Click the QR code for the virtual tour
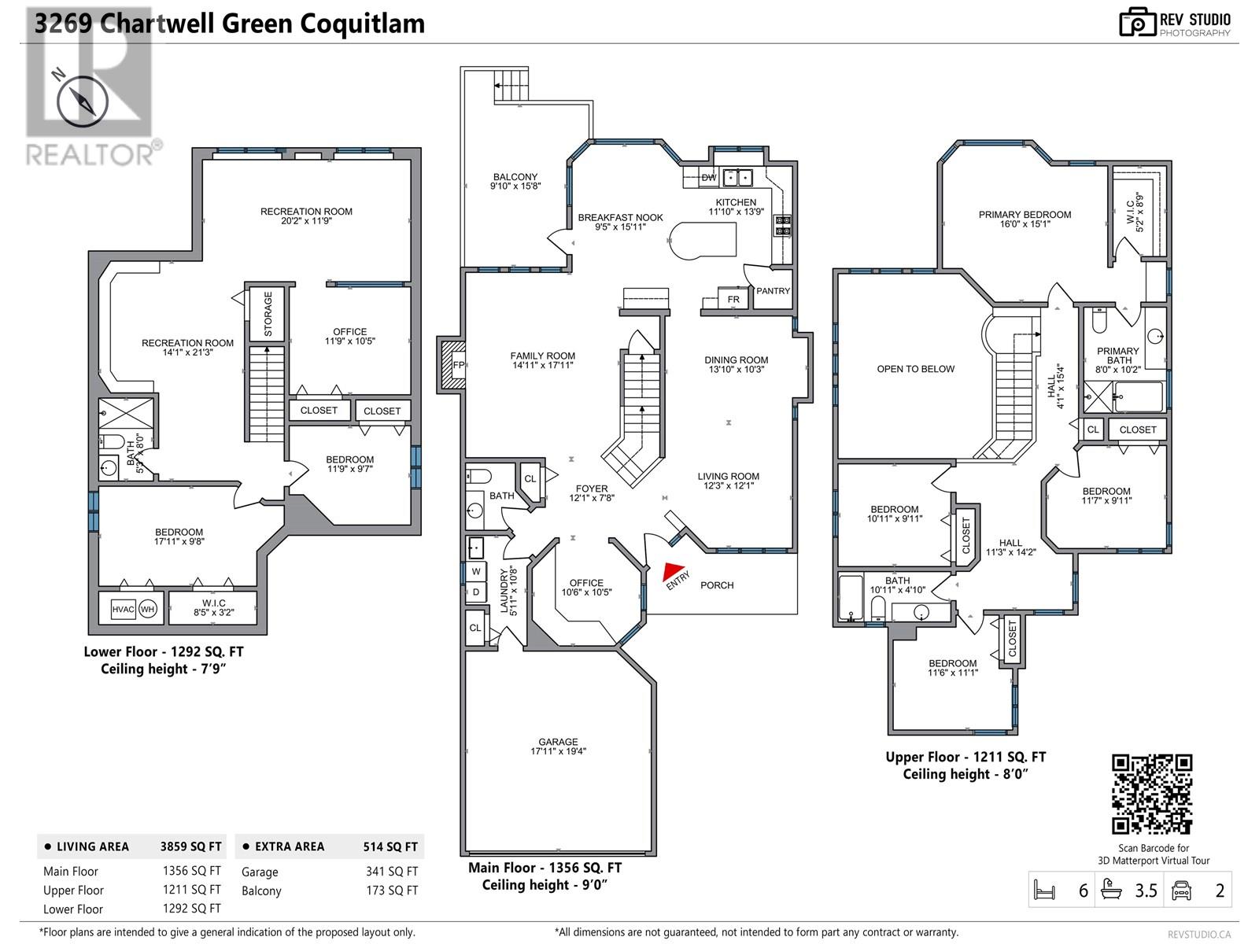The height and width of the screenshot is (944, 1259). [x=1152, y=794]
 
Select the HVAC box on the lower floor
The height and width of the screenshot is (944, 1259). [x=123, y=609]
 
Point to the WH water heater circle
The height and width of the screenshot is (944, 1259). [x=147, y=609]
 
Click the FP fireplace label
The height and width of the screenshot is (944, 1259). [x=458, y=365]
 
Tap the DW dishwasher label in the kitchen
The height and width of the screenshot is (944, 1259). [x=709, y=178]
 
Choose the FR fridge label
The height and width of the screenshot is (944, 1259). [x=733, y=299]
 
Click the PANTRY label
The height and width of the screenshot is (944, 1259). [x=773, y=291]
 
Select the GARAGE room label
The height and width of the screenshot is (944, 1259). [x=558, y=742]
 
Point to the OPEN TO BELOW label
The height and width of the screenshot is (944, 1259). [x=915, y=369]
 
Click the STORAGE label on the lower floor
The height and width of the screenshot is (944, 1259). [x=268, y=314]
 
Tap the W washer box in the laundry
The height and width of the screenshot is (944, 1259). [x=475, y=571]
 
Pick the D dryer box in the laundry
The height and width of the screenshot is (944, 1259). [x=475, y=592]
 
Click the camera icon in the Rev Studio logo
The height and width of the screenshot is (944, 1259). [x=1137, y=22]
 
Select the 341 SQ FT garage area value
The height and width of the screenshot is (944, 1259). [x=392, y=871]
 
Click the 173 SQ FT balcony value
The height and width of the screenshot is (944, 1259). [x=392, y=891]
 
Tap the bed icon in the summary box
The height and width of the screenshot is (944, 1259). [x=1044, y=891]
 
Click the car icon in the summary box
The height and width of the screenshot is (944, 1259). [x=1181, y=891]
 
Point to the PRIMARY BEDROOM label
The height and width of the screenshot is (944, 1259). [x=1025, y=214]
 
